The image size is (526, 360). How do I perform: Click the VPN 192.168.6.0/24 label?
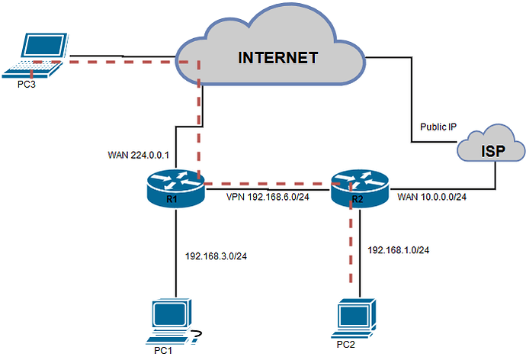coord(268,197)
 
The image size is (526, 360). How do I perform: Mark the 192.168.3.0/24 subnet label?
coord(216,255)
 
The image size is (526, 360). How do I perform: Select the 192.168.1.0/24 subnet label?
coord(399,249)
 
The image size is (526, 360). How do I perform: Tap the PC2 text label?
coord(347,345)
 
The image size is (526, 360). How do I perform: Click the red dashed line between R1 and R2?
coord(267,184)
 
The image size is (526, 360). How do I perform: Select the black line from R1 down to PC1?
coord(176,252)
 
